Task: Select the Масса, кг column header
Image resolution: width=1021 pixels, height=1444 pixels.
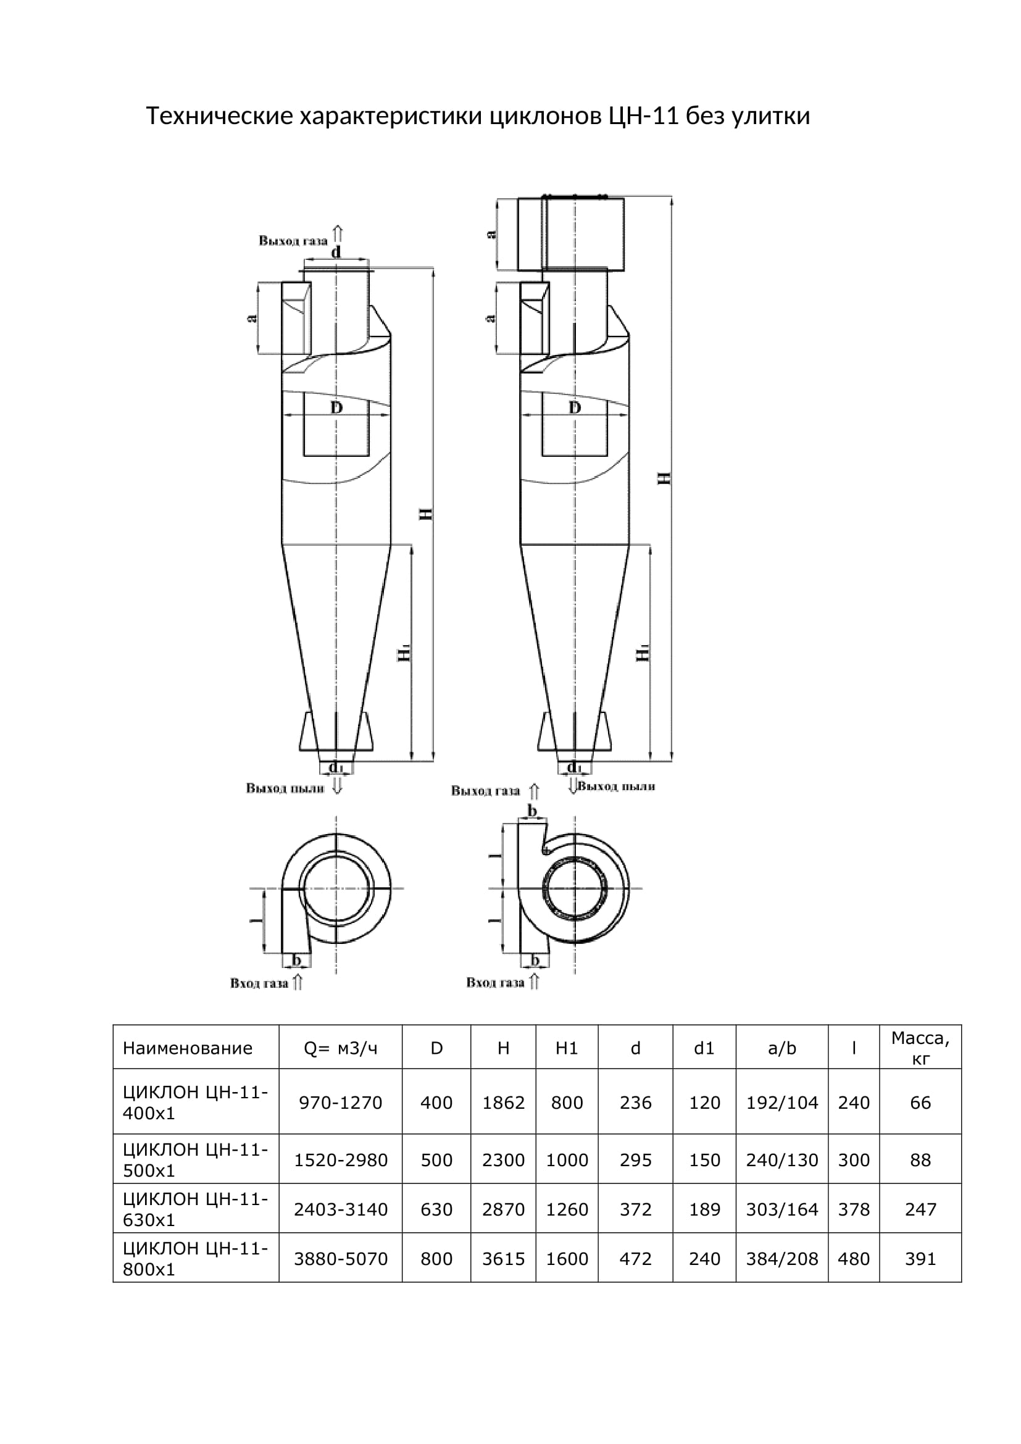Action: pos(920,1048)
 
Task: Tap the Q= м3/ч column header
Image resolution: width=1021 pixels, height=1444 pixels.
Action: pos(340,1048)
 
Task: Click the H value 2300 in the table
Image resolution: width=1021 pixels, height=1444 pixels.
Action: pos(503,1160)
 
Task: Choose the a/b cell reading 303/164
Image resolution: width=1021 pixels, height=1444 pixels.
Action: pos(781,1209)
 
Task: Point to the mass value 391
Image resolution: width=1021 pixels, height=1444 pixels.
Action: pos(920,1259)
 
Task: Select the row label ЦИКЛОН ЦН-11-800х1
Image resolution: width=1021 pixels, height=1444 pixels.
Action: pos(195,1259)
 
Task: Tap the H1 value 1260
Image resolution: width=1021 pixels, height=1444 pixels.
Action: pos(567,1209)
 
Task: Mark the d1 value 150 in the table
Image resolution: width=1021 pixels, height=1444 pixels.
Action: pos(704,1160)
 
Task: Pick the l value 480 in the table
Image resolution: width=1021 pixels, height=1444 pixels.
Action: pos(853,1259)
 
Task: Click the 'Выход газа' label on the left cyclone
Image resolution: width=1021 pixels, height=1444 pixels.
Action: pos(293,240)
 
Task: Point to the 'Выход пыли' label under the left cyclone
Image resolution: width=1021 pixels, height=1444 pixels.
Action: pos(285,788)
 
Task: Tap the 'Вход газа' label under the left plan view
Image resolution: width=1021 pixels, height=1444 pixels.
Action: pos(259,983)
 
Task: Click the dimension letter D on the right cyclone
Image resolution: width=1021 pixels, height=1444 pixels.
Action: pos(575,407)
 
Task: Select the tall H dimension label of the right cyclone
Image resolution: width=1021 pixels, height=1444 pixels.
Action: pos(664,477)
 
